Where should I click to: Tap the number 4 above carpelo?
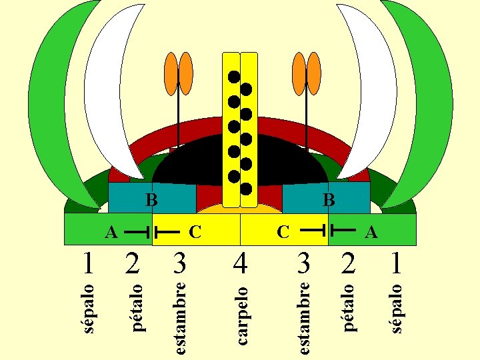click(x=241, y=263)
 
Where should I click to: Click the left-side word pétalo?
click(x=137, y=307)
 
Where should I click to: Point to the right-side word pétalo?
click(x=348, y=307)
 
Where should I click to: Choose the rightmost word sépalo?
click(x=396, y=307)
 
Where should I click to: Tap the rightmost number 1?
click(x=397, y=263)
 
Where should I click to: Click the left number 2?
click(x=133, y=263)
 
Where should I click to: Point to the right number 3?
click(x=303, y=263)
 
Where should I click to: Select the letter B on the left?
click(x=151, y=199)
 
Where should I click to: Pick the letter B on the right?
click(x=327, y=199)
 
